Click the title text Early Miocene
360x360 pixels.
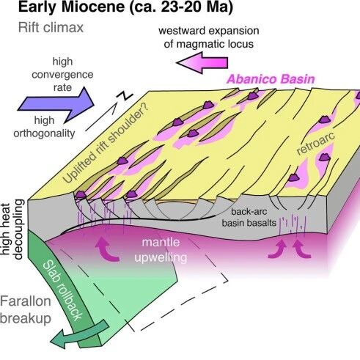tap(71, 7)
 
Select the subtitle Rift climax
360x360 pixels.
tap(51, 28)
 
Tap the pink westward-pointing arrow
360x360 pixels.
tap(202, 62)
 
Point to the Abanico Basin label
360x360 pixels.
tap(271, 79)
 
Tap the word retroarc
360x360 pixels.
tap(315, 144)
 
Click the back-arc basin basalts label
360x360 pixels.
tap(249, 217)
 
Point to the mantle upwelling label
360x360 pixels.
tap(161, 250)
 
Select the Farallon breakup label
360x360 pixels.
tap(26, 309)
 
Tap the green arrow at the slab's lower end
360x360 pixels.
tap(81, 334)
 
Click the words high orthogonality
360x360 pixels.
tap(44, 127)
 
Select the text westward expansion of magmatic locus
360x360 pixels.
tap(209, 37)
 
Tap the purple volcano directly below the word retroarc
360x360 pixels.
tap(324, 157)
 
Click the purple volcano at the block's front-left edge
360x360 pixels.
tap(81, 195)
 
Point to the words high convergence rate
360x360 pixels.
tap(62, 74)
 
